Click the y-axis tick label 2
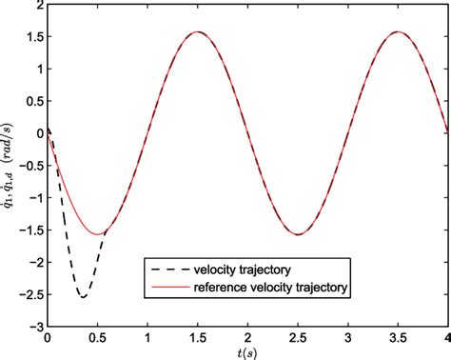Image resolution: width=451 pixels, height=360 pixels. (38, 8)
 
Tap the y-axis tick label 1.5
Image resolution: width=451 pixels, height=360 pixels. (33, 39)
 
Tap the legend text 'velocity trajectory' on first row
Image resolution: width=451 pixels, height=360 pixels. (244, 267)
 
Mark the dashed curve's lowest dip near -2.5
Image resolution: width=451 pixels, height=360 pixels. (84, 297)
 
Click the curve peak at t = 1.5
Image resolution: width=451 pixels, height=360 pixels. (197, 31)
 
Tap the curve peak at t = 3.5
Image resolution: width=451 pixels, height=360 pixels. (398, 31)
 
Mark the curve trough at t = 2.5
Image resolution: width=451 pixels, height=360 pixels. (298, 234)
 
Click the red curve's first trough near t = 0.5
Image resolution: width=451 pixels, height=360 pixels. (98, 234)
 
